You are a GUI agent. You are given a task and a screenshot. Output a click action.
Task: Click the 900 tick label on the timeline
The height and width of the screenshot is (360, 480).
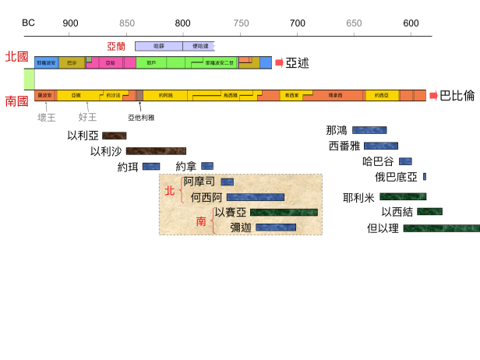point(71,23)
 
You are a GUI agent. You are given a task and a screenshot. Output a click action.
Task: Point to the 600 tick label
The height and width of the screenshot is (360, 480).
point(411,23)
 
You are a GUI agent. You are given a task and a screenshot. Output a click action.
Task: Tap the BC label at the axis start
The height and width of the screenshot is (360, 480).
point(28,23)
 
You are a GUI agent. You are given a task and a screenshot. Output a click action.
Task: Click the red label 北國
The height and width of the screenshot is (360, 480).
point(16,57)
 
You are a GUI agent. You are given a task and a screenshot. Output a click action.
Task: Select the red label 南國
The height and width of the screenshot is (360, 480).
point(16,101)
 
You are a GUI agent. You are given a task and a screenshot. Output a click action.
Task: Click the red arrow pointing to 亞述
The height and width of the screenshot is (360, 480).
point(279,62)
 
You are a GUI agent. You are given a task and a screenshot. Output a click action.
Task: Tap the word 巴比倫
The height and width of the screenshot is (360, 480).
point(457,96)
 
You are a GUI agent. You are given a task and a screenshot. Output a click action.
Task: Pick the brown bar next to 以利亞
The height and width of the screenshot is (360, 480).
point(114,136)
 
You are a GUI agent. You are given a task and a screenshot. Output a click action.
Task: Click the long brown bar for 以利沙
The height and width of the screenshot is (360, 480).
point(156,151)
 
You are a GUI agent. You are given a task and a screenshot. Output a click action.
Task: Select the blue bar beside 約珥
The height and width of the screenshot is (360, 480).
point(150,166)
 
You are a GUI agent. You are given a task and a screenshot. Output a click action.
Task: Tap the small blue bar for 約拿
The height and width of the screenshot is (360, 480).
point(206,166)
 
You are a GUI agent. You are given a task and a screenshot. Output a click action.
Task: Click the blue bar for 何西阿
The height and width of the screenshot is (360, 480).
point(255,198)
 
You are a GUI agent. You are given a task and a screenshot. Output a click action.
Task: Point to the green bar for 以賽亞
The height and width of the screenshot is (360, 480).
point(284,212)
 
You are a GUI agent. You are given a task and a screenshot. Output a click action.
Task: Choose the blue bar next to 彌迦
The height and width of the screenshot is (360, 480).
point(276,228)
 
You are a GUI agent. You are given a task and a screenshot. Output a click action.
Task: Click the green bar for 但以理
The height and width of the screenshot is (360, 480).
point(441,228)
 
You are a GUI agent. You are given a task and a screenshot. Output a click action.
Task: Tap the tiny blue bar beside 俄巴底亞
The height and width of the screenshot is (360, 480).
point(425,177)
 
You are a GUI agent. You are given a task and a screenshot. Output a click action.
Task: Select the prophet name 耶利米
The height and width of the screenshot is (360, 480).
point(358,198)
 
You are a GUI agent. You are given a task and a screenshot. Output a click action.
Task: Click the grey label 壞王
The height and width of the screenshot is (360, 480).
point(47,118)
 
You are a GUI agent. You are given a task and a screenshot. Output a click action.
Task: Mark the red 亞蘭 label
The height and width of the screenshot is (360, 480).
point(116,47)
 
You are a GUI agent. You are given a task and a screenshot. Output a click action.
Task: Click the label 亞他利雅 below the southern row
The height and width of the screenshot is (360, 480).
point(141,118)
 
